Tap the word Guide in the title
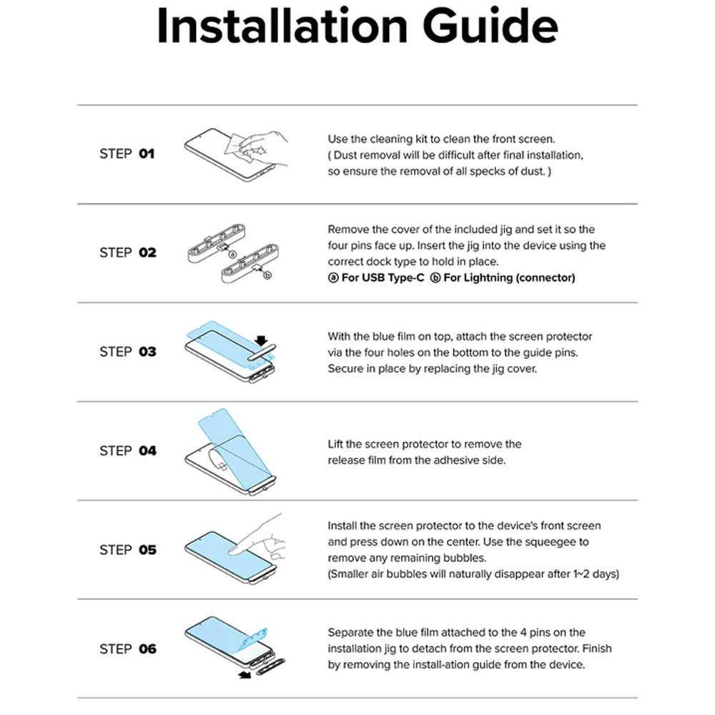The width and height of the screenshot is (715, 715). coord(490,26)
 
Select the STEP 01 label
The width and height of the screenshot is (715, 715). coord(127,154)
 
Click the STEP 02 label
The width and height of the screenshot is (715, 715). coord(128,252)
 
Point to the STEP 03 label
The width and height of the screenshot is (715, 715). coord(128,352)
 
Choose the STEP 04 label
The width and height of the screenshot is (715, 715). coord(128,450)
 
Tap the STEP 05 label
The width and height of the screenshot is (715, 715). coord(128,549)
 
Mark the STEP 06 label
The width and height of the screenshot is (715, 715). coord(128,649)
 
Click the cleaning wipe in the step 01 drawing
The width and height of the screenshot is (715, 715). coord(239,149)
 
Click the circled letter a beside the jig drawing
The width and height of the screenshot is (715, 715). coord(232,255)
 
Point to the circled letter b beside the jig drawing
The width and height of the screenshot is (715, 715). coord(267,275)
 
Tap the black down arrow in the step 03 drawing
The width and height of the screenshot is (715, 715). coord(261,340)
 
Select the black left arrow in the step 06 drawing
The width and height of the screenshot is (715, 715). coord(245,674)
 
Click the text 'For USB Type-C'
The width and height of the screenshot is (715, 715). coord(383,277)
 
